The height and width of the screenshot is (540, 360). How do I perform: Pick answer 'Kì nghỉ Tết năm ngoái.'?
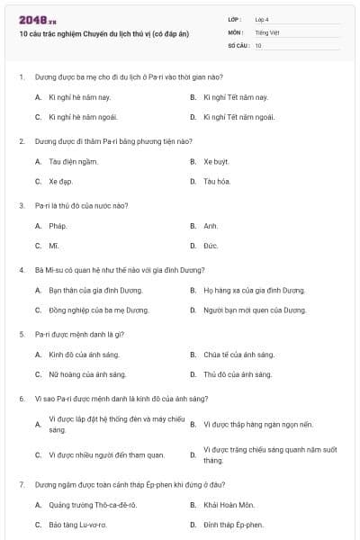pyautogui.click(x=237, y=116)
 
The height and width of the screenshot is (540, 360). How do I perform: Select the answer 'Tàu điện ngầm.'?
pyautogui.click(x=74, y=161)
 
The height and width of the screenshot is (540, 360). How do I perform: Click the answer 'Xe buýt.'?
pyautogui.click(x=216, y=161)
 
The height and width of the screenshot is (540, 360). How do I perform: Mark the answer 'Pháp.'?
pyautogui.click(x=58, y=226)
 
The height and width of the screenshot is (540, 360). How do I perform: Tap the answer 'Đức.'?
pyautogui.click(x=211, y=246)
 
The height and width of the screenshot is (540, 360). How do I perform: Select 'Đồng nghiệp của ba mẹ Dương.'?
pyautogui.click(x=99, y=310)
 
